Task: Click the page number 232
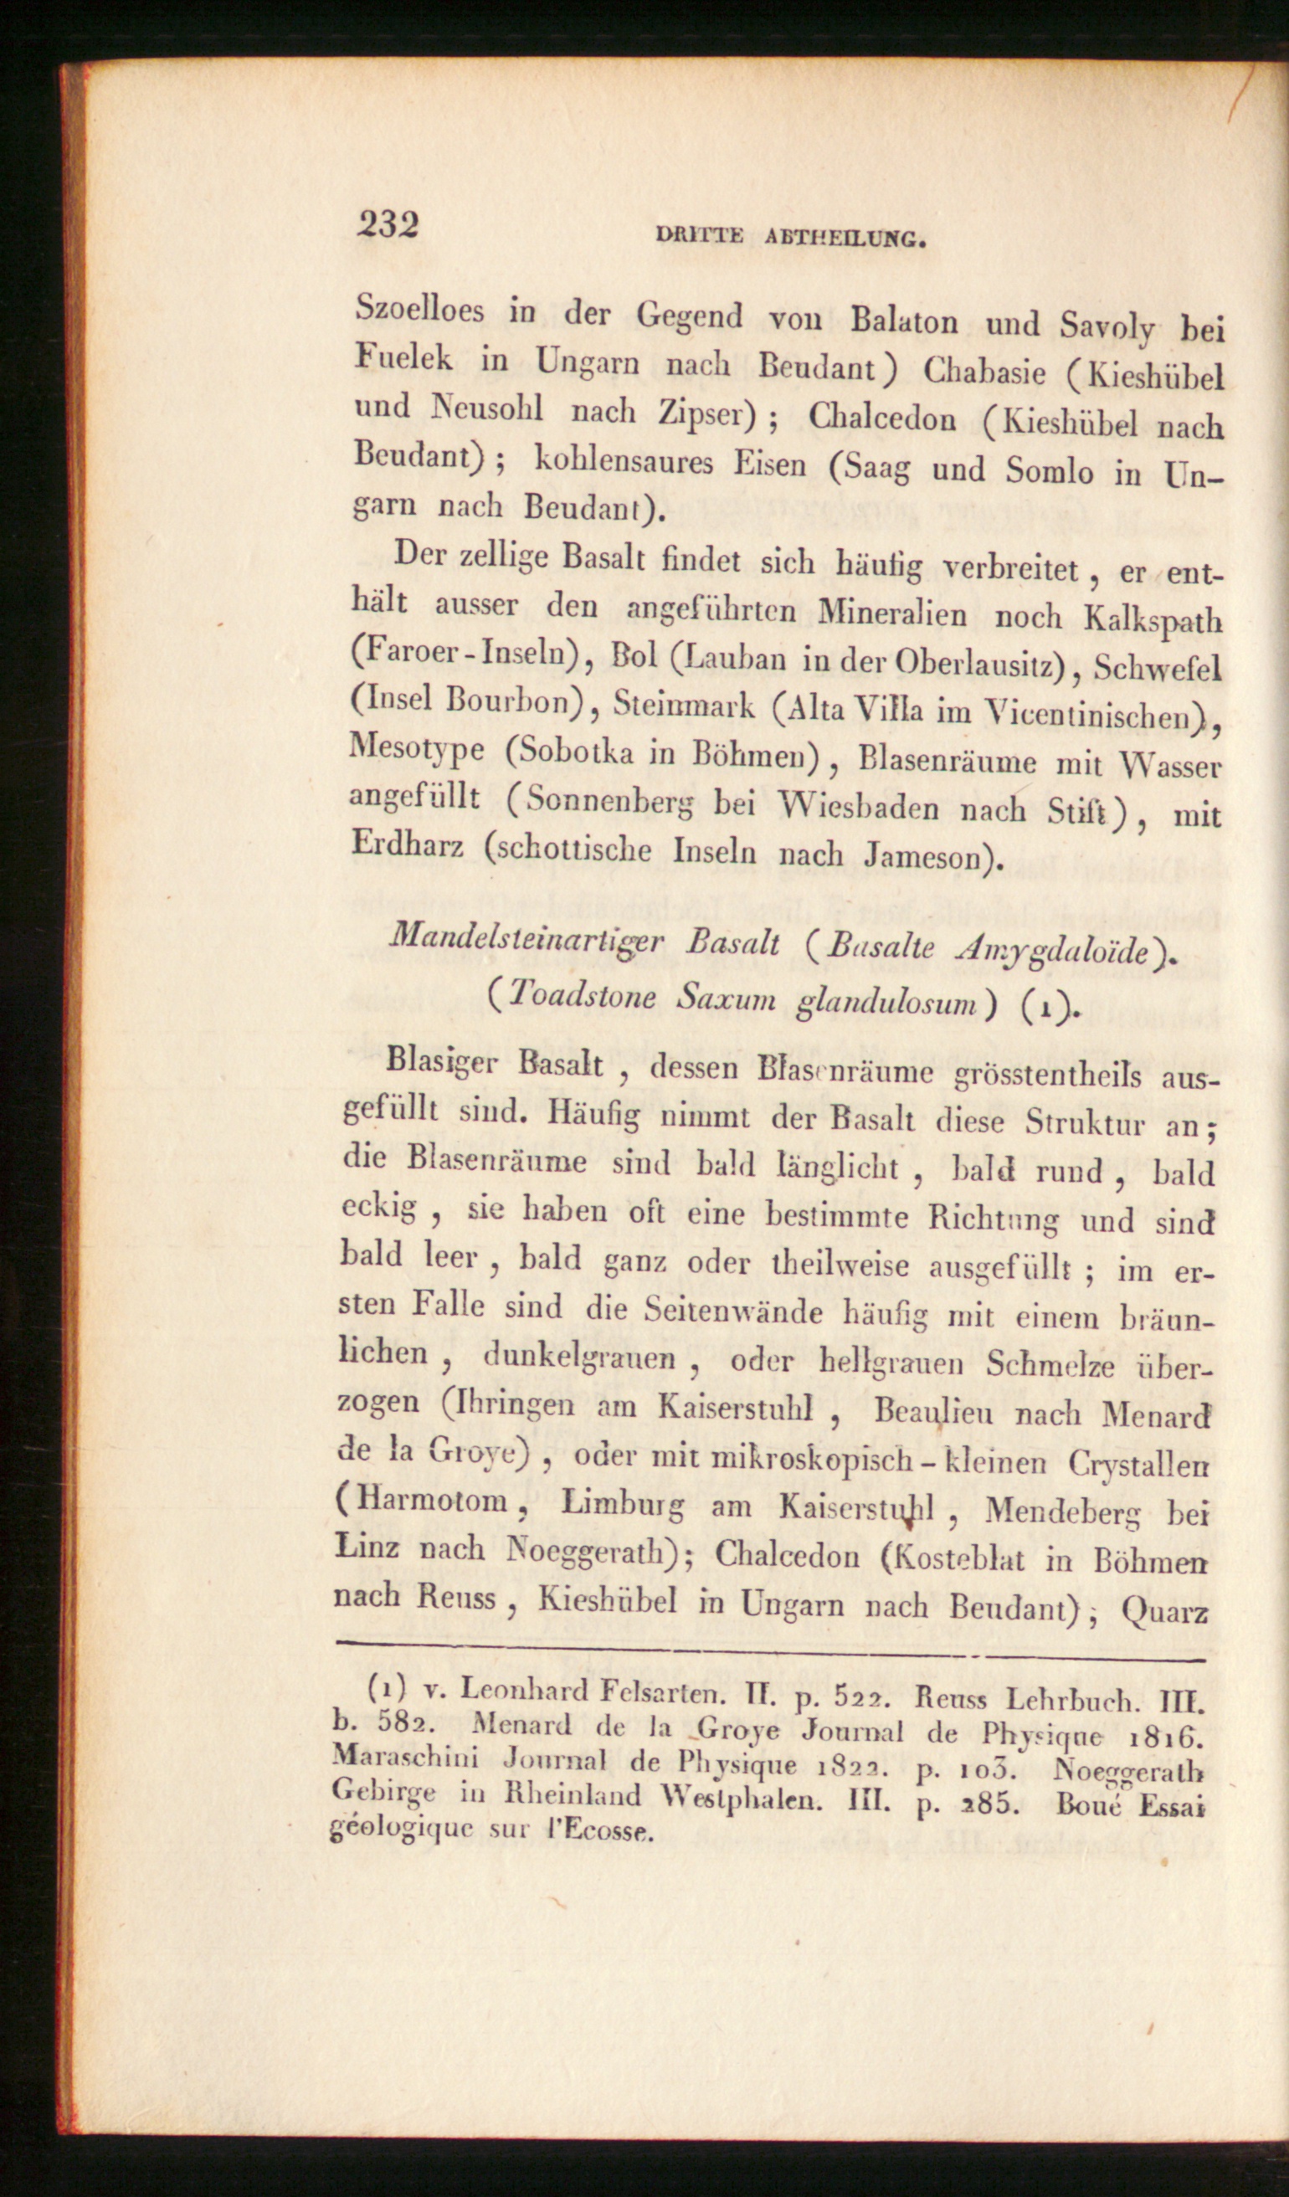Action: click(388, 224)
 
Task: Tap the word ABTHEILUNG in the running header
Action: click(845, 238)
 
